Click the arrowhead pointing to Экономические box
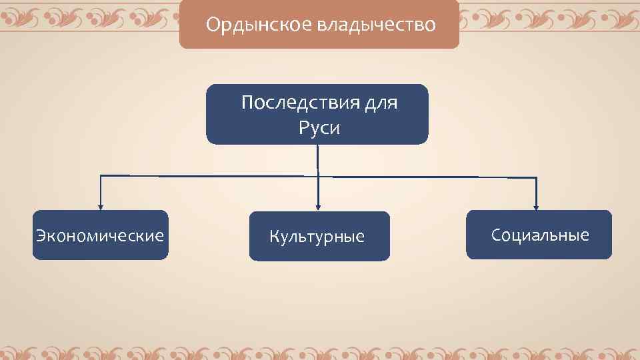[x=100, y=206]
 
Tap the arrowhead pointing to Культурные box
[x=319, y=206]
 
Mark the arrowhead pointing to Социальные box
[x=537, y=206]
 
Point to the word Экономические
[x=100, y=236]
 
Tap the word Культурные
[x=317, y=237]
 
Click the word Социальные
[x=540, y=235]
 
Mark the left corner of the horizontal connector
[x=100, y=176]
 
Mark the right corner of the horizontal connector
[x=537, y=177]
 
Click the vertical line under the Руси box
[x=317, y=160]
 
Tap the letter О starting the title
[x=213, y=25]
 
